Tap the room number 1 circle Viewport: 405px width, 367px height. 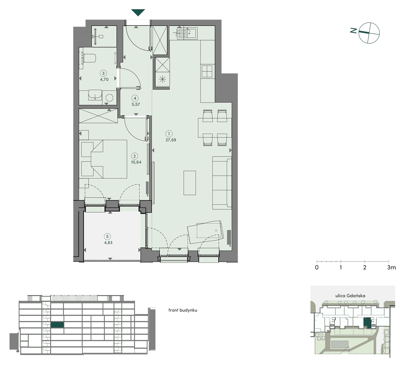(169, 134)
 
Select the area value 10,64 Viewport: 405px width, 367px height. (136, 162)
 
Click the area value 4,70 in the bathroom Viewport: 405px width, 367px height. (104, 79)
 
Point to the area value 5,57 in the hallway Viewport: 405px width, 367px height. (136, 104)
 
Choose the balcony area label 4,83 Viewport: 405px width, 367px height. (108, 242)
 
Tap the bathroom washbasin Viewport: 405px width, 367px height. (95, 95)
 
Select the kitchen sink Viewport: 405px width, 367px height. (187, 33)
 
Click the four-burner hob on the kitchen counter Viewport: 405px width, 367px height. (207, 71)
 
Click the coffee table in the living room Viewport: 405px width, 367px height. (190, 183)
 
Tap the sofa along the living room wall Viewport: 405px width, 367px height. (222, 183)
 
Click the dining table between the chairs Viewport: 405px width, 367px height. (215, 128)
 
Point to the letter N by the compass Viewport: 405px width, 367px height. (354, 31)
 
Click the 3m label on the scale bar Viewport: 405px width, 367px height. (392, 267)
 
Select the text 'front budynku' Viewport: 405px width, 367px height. (183, 310)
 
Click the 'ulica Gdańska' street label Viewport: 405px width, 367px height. (350, 296)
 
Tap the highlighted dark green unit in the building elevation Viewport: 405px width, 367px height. (57, 324)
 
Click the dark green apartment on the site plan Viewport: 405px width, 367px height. (367, 323)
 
